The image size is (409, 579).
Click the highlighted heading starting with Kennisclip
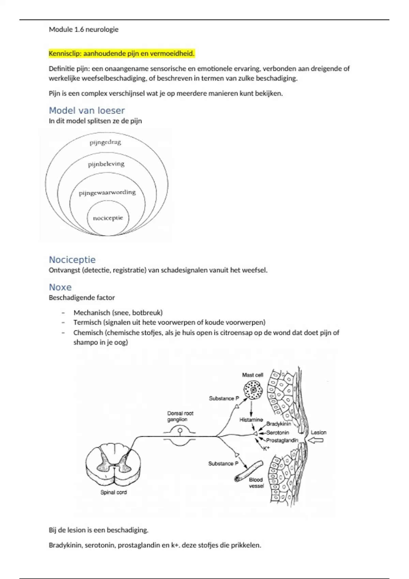[121, 53]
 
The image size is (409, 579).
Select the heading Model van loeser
[87, 110]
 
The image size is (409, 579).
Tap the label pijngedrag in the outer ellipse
[105, 142]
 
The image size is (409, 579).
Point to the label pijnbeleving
[106, 164]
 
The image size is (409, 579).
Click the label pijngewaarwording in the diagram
[107, 193]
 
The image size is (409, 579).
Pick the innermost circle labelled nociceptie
[108, 218]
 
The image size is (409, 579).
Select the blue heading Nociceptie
[72, 260]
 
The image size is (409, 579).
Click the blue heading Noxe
[60, 287]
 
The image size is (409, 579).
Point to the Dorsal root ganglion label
[180, 416]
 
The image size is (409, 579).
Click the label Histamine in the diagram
[251, 420]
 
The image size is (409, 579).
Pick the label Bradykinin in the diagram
[278, 424]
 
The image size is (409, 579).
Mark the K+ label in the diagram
[266, 448]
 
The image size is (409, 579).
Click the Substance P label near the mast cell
[224, 398]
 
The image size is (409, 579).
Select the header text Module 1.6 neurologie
[84, 29]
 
